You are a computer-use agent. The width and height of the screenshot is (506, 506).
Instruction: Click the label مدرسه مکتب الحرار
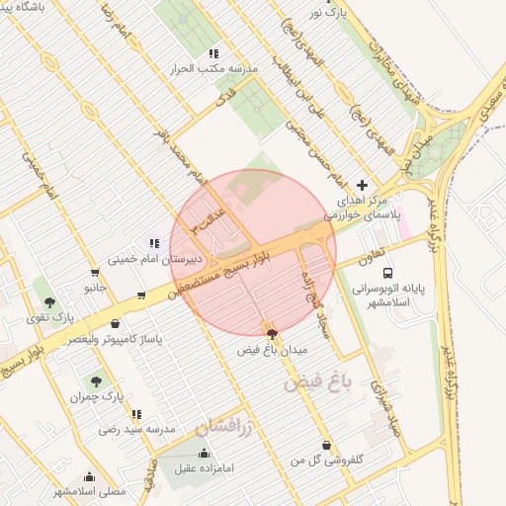click(215, 70)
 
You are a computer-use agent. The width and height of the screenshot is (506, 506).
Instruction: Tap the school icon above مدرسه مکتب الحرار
click(213, 54)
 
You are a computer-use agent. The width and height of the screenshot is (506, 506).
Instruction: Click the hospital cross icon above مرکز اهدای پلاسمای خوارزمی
click(362, 185)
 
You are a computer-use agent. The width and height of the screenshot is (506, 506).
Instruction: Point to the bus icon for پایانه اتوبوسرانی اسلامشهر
click(387, 272)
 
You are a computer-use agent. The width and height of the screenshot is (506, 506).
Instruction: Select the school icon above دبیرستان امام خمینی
click(153, 243)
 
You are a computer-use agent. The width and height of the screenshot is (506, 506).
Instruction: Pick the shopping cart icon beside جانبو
click(95, 273)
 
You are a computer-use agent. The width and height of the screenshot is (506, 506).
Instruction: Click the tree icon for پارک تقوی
click(50, 301)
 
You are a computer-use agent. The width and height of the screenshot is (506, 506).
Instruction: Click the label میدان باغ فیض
click(274, 351)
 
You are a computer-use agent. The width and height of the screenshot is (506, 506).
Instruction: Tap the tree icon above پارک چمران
click(96, 380)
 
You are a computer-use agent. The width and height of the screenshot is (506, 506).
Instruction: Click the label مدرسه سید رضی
click(137, 430)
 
